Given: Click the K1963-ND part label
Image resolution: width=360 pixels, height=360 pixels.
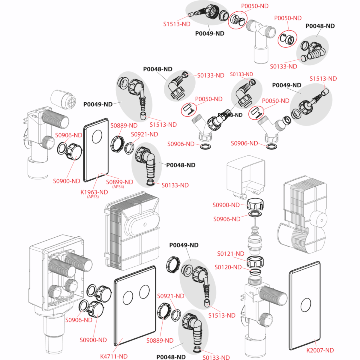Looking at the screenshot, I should click(94, 192).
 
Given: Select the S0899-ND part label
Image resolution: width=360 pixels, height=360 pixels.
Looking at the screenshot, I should click(119, 182).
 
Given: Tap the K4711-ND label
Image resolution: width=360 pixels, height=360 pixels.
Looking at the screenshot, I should click(114, 356).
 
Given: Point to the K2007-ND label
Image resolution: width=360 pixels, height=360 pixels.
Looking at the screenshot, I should click(320, 350).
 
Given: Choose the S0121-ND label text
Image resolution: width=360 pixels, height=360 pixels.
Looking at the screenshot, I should click(231, 254).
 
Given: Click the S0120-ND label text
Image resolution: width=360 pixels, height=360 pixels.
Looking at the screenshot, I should click(228, 267).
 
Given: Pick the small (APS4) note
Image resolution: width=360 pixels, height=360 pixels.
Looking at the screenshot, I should click(118, 187).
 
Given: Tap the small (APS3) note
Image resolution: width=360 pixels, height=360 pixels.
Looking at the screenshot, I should click(93, 197).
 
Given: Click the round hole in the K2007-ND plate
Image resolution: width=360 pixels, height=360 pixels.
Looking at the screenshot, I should click(305, 305).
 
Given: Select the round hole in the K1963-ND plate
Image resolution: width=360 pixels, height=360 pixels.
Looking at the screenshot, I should click(97, 137).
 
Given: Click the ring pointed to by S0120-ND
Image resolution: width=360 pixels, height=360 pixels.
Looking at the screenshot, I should click(255, 271).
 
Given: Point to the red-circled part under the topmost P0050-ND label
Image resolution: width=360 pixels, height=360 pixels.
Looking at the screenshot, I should click(237, 20).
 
